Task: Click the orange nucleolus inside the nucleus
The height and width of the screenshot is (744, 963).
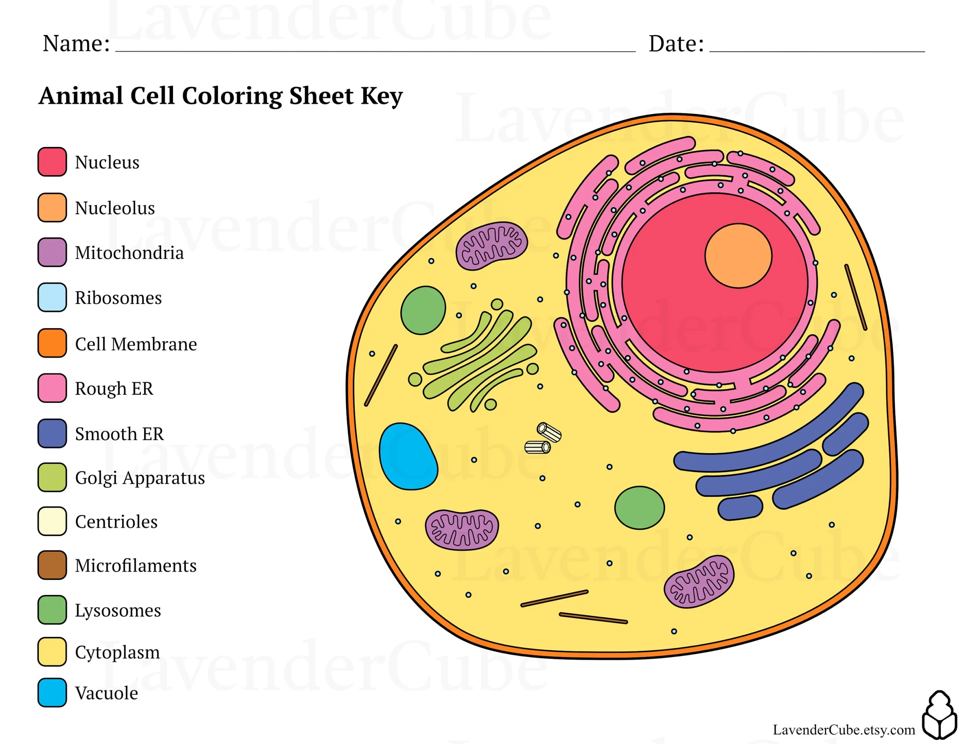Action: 738,256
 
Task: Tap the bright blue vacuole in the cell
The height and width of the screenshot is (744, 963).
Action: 407,457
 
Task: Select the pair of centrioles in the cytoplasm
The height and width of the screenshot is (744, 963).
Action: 543,439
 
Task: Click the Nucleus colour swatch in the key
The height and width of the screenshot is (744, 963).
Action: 52,162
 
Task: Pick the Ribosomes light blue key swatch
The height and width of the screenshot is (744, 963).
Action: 52,297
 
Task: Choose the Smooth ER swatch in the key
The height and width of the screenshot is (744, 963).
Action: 52,433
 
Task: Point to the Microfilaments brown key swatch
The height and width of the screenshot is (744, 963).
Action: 52,565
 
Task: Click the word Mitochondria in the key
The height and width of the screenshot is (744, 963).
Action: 129,253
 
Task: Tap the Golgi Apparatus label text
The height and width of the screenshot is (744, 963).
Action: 140,478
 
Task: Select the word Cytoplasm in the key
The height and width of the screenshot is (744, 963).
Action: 117,652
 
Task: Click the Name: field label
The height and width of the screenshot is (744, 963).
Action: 76,43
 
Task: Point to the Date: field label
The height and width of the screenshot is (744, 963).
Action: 676,43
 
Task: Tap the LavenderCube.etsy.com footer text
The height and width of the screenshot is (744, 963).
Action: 843,729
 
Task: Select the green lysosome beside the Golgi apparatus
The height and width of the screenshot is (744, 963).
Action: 423,310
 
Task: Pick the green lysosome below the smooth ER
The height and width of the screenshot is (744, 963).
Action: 639,508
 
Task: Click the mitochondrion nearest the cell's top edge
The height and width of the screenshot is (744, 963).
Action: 491,246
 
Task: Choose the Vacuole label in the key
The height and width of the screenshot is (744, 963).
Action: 106,693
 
